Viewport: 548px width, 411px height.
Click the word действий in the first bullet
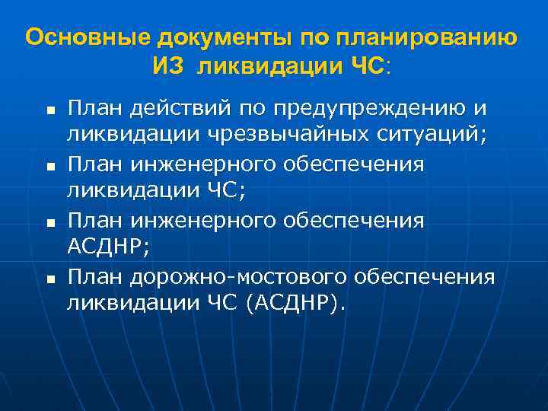174,108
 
